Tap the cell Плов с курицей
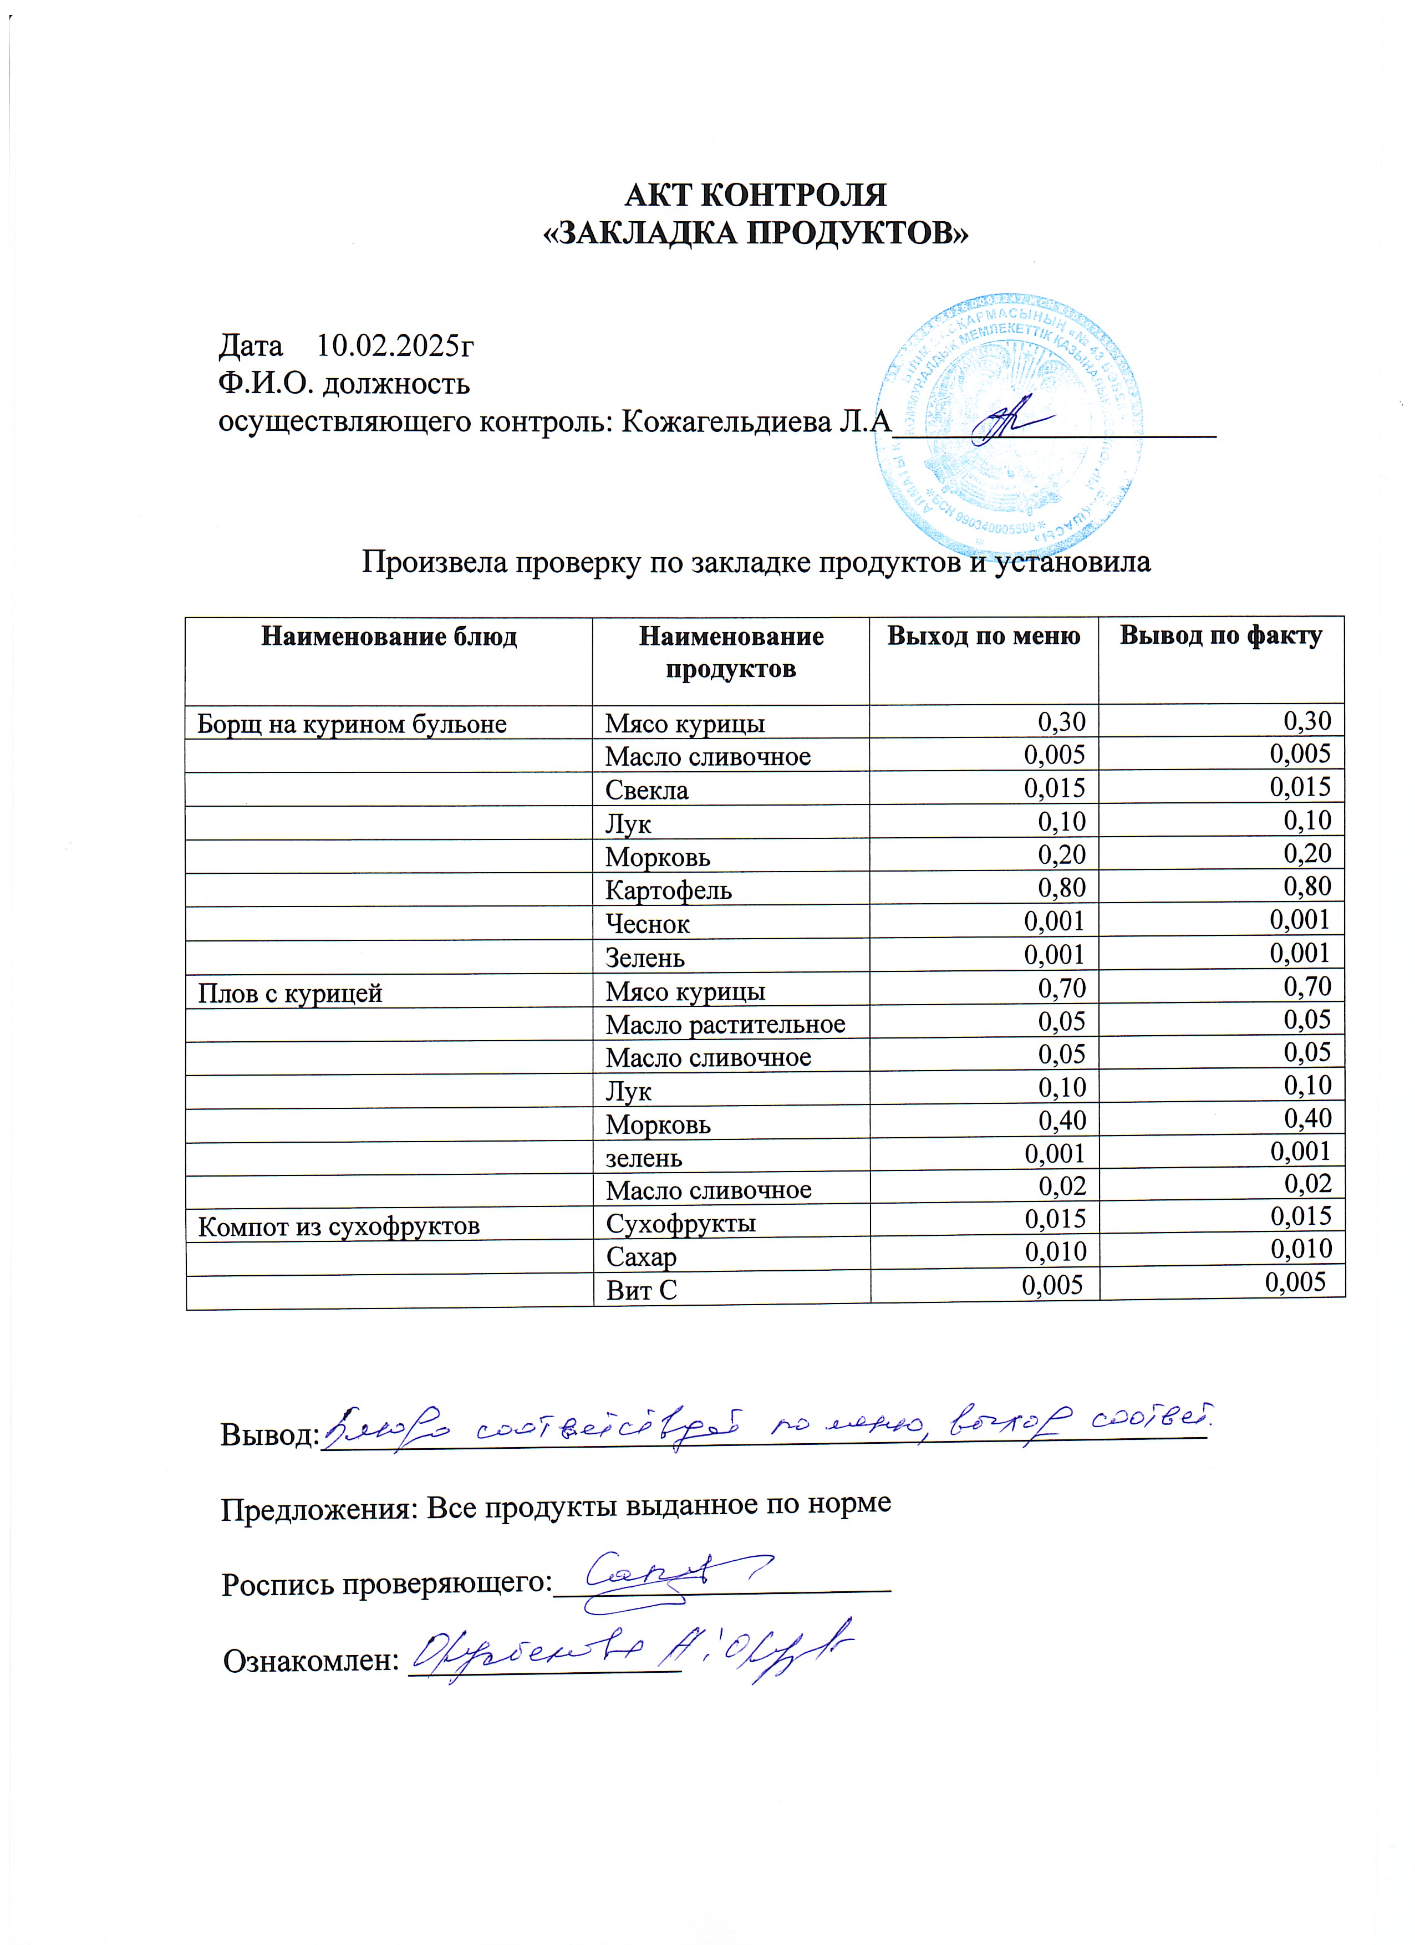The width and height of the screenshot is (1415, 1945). [x=290, y=993]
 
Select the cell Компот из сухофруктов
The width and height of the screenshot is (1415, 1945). [x=339, y=1227]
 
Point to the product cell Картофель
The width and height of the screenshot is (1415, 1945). [x=668, y=890]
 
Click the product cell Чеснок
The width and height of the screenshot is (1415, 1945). [x=648, y=924]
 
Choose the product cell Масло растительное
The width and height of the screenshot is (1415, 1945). [x=725, y=1024]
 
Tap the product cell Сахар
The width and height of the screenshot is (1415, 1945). [x=642, y=1258]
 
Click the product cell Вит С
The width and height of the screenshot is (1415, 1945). [x=642, y=1291]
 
